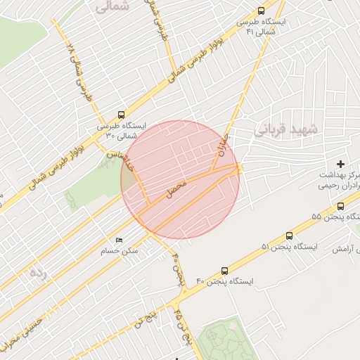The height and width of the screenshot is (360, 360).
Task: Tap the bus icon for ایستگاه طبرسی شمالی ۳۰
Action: tap(122, 115)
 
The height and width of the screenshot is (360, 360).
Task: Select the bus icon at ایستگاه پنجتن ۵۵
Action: tap(341, 206)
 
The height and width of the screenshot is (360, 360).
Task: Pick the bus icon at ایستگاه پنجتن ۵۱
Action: tap(290, 236)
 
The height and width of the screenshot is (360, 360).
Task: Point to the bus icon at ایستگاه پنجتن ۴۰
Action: tap(225, 271)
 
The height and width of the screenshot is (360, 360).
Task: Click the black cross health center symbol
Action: tap(341, 164)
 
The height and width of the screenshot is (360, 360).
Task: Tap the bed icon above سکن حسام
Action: tap(118, 240)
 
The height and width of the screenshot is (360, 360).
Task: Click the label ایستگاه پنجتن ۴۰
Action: tap(224, 281)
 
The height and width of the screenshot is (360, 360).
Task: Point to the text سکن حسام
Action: tap(120, 251)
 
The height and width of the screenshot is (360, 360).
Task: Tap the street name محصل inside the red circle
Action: tap(176, 187)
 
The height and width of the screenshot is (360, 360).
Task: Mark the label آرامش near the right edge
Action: tap(344, 249)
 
